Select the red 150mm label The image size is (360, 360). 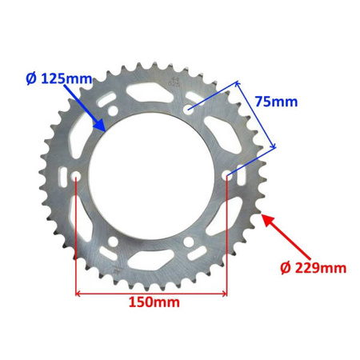[153, 302]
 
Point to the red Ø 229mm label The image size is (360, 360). [314, 268]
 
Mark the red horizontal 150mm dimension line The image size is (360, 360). [152, 292]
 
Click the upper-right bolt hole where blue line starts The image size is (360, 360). [189, 107]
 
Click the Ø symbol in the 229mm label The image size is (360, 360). [286, 268]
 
